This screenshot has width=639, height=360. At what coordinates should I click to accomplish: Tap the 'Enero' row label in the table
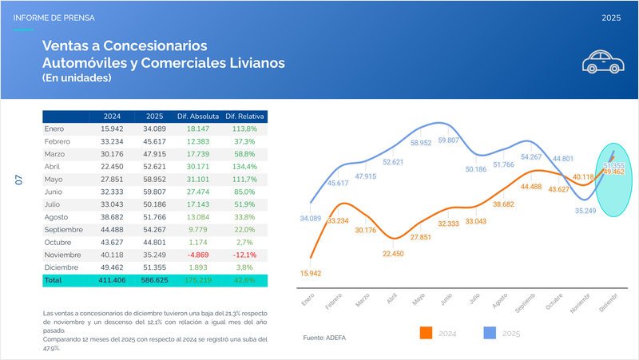pos(54,129)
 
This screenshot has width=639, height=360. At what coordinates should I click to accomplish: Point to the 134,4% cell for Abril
pos(244,167)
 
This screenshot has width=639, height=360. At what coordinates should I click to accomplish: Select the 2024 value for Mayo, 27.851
pos(111,180)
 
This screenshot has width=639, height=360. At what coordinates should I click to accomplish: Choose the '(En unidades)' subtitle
pos(77,78)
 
